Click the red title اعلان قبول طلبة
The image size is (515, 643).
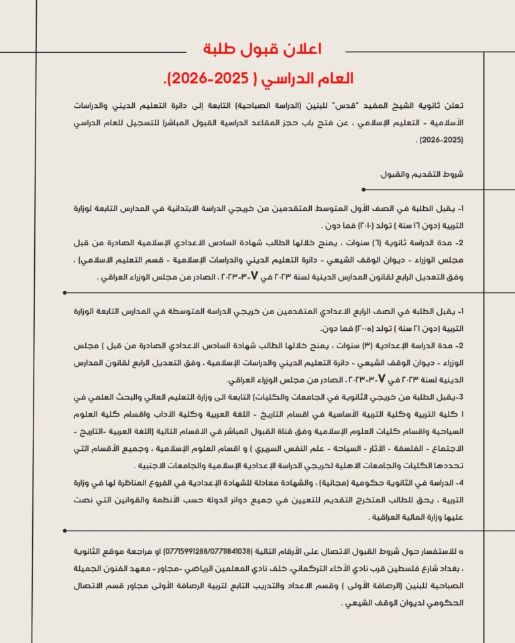tap(262, 49)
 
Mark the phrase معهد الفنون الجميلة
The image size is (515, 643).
tap(124, 569)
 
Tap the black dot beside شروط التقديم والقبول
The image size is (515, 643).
tap(363, 190)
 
